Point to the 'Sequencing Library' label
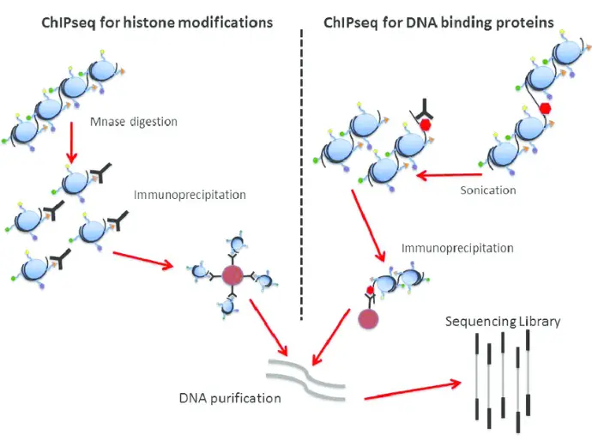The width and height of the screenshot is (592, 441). pos(503,322)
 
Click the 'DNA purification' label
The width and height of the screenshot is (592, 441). pos(229,398)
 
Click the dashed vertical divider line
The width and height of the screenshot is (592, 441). pos(303,172)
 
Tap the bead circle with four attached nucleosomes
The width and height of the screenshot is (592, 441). pos(233,275)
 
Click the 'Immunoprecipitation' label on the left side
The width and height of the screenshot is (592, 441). pos(190,195)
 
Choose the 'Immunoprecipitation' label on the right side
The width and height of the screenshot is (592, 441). pos(457,249)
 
